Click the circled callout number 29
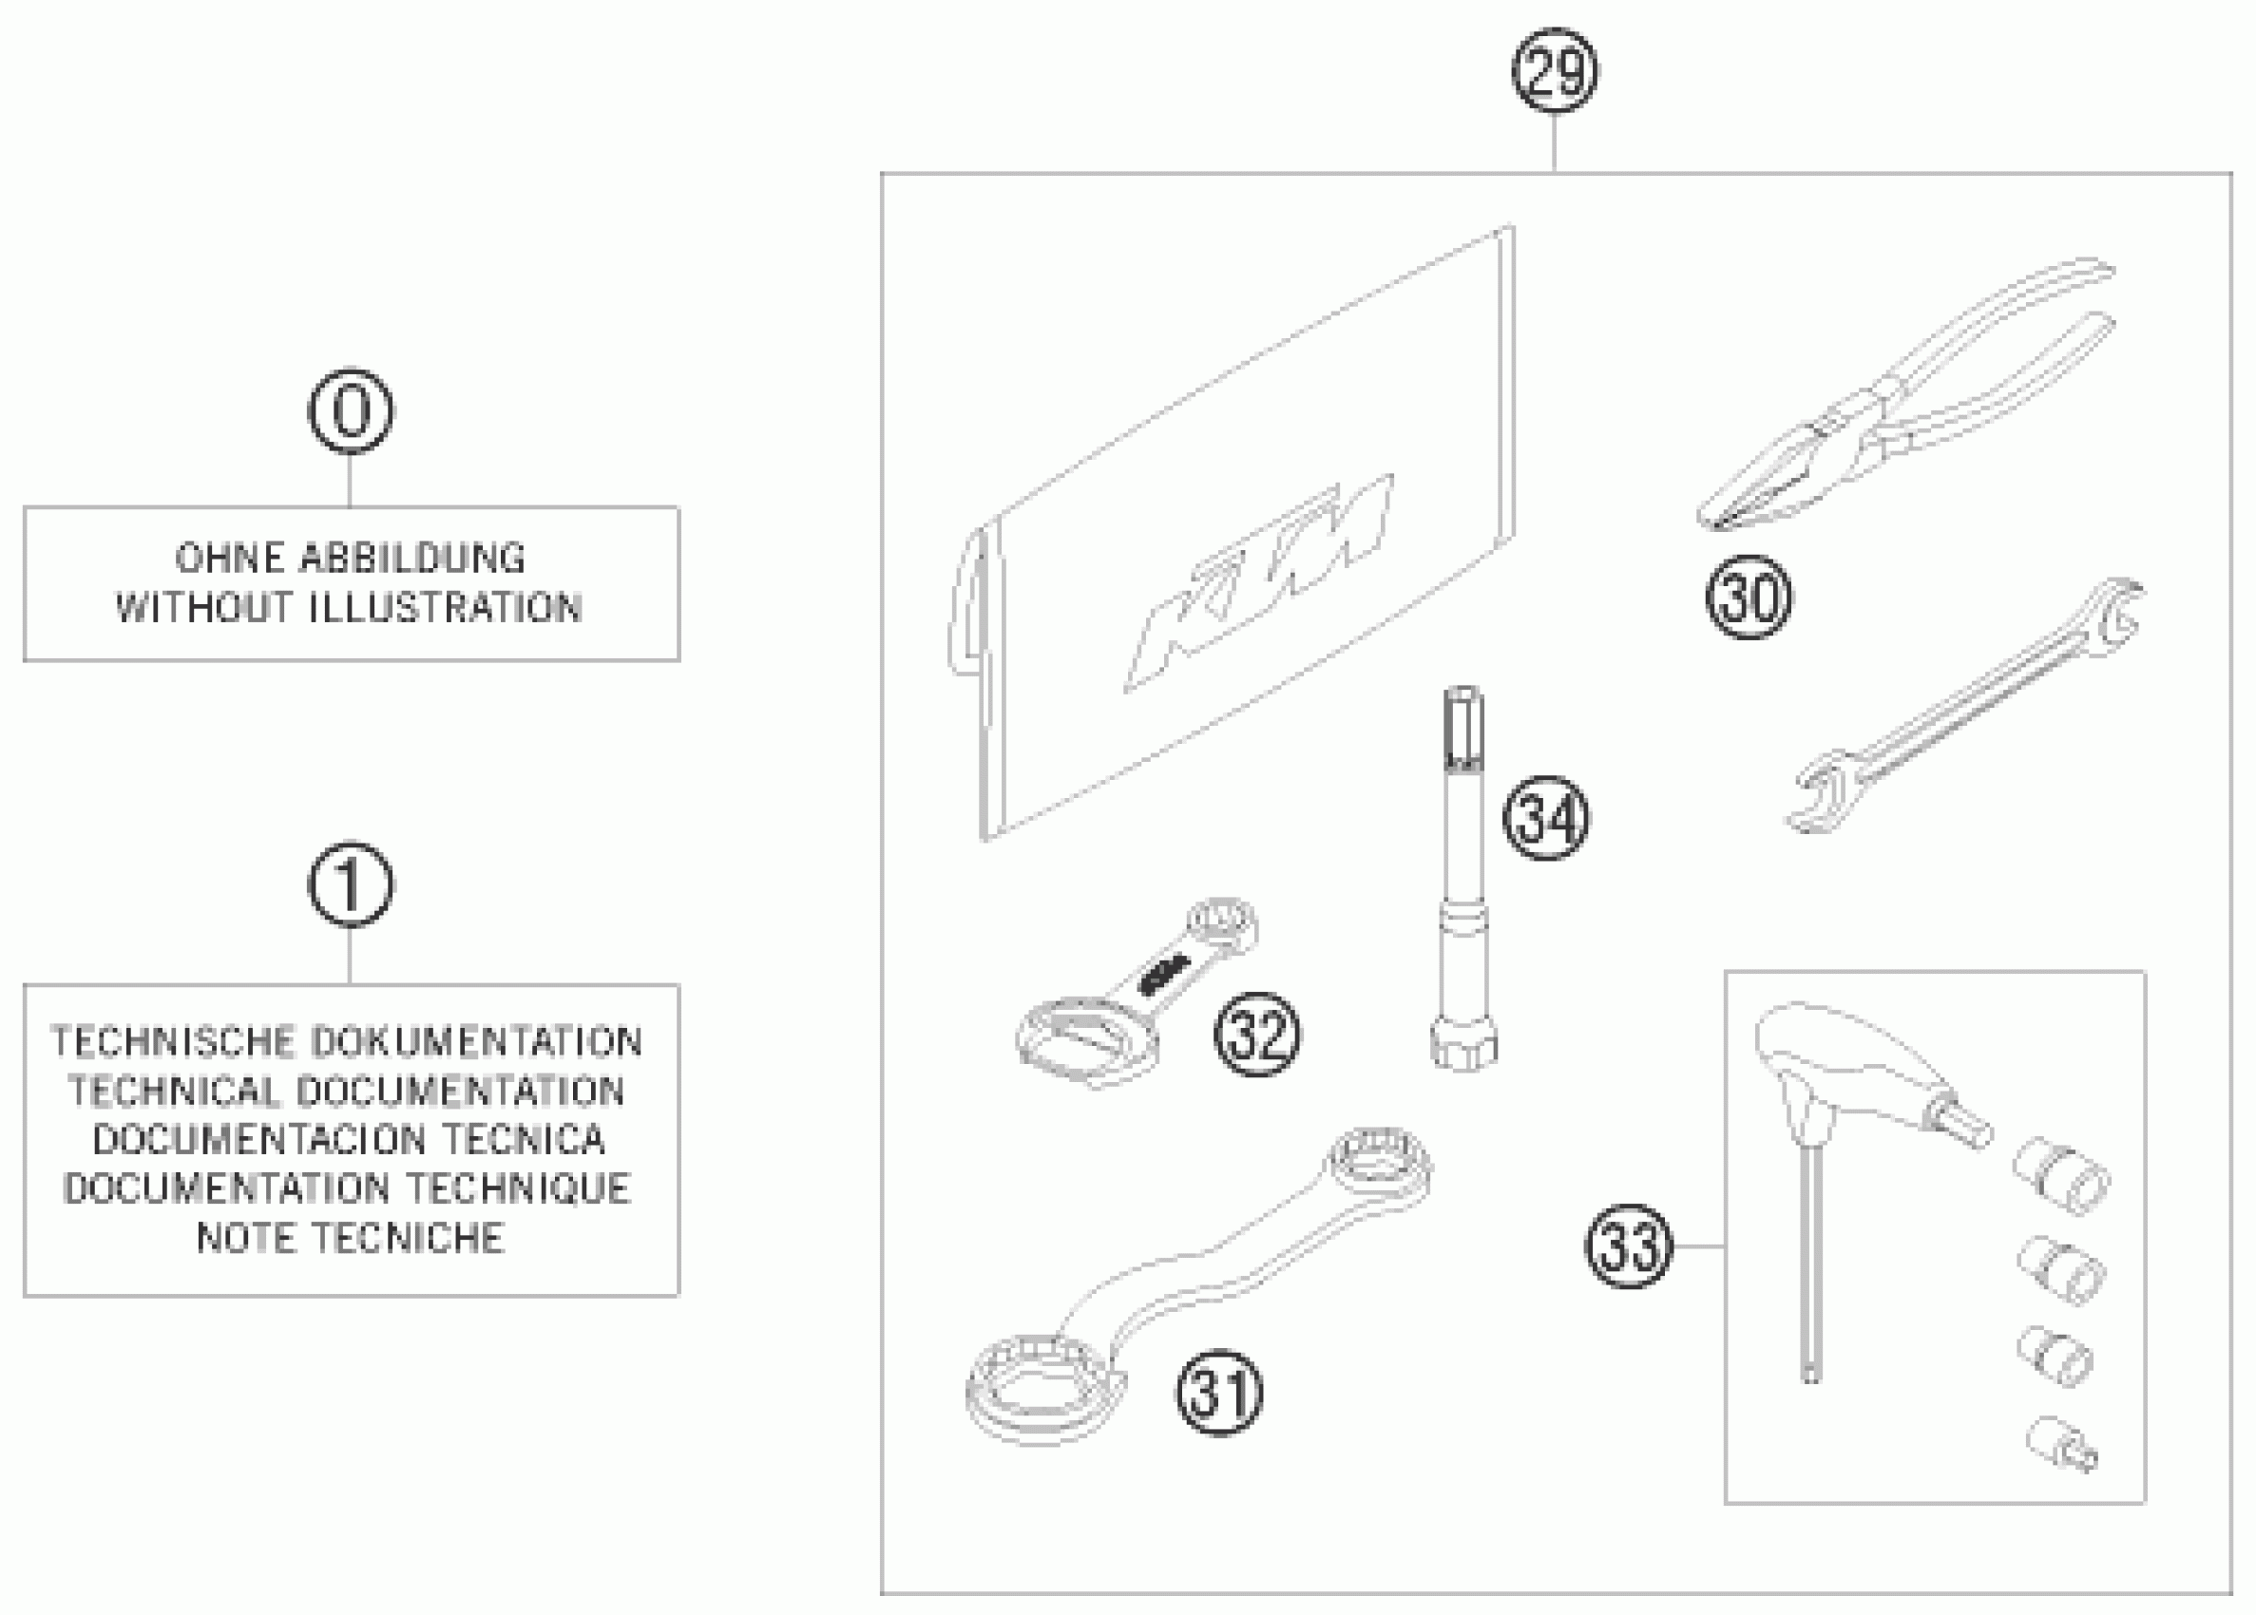tap(1554, 71)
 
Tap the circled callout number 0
tap(350, 411)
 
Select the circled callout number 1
tap(350, 885)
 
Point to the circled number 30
tap(1749, 598)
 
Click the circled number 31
tap(1219, 1393)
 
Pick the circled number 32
tap(1256, 1035)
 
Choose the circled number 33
tap(1629, 1246)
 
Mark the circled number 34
tap(1545, 819)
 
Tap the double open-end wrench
tap(1964, 706)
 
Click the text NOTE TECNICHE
tap(350, 1239)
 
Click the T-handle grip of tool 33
tap(1840, 1064)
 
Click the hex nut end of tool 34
tap(1463, 1046)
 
